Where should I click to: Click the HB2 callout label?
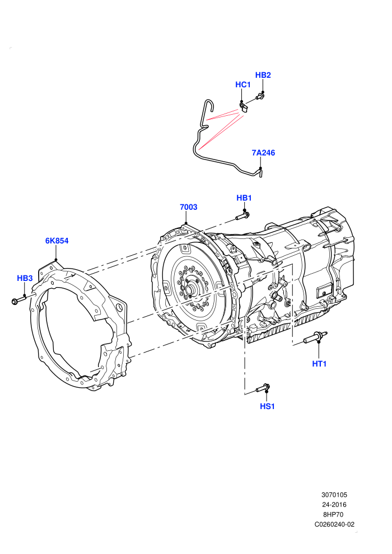[x=263, y=75]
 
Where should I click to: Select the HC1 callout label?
[x=243, y=85]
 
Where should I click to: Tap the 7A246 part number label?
[x=263, y=153]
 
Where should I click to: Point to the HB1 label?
[x=244, y=198]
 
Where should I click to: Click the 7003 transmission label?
[x=188, y=207]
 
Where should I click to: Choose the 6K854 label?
[x=57, y=241]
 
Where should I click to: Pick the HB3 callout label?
[x=25, y=278]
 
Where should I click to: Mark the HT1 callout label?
[x=319, y=364]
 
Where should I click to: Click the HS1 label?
[x=267, y=406]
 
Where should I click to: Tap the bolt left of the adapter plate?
[x=19, y=300]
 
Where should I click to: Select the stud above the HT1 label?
[x=315, y=337]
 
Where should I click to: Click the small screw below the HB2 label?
[x=260, y=96]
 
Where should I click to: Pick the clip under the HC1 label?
[x=244, y=107]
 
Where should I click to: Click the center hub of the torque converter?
[x=191, y=289]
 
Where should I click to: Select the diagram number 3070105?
[x=334, y=495]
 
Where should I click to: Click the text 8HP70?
[x=333, y=514]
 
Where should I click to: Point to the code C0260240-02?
[x=334, y=524]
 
